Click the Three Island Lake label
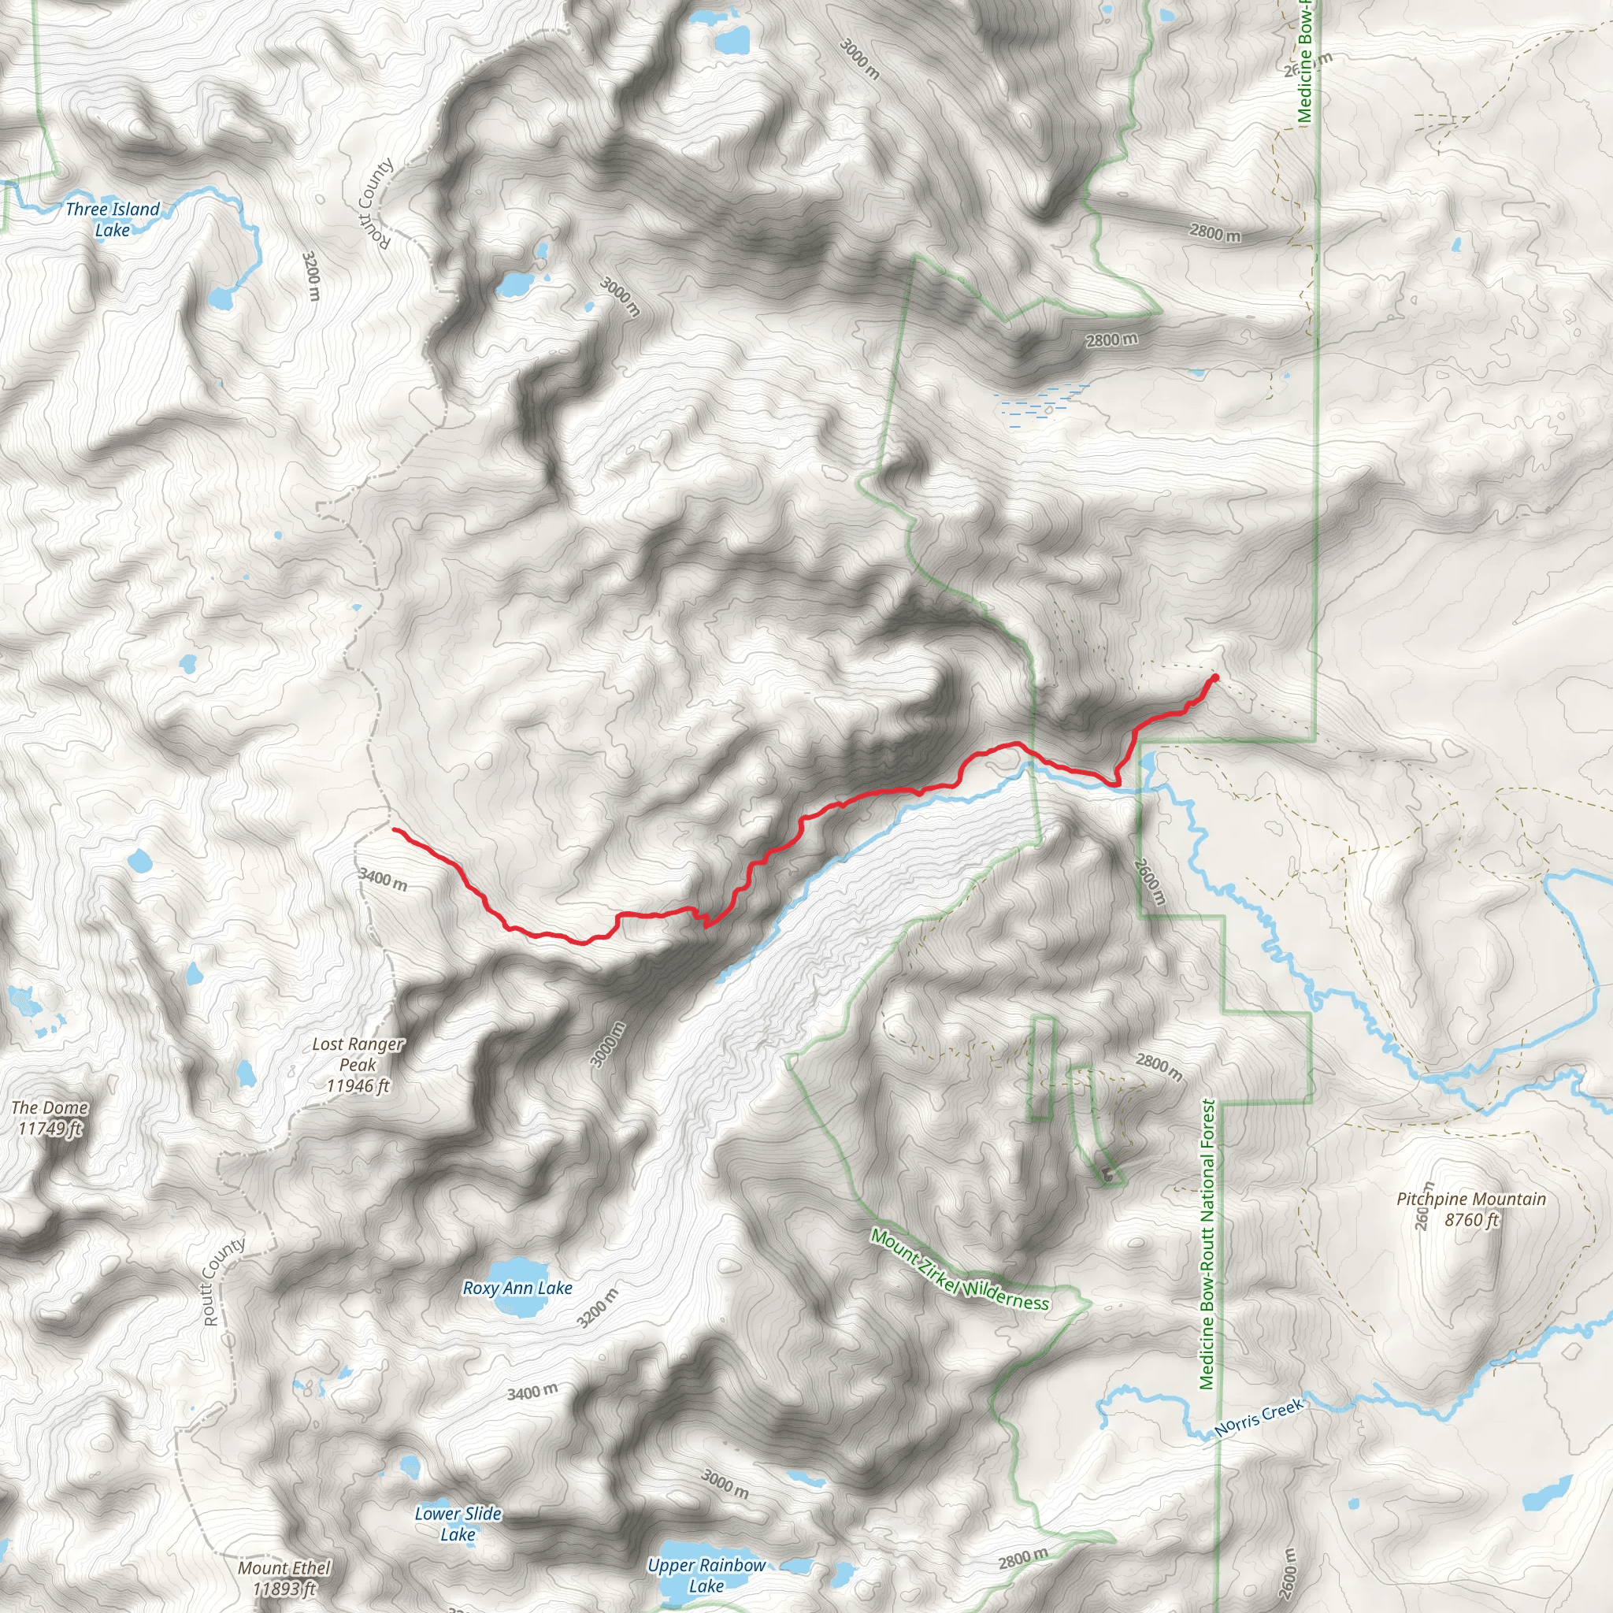[x=112, y=220]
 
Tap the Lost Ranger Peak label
[x=358, y=1065]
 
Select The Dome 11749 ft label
[x=50, y=1118]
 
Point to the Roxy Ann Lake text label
[x=517, y=1289]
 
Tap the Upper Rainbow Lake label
[x=706, y=1575]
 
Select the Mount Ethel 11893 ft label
[x=284, y=1578]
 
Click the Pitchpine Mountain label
[x=1471, y=1209]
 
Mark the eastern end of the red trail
[x=1214, y=677]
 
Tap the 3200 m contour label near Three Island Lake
[x=310, y=276]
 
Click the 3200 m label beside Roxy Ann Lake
[x=598, y=1308]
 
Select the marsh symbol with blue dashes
[x=1040, y=400]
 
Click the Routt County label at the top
[x=376, y=203]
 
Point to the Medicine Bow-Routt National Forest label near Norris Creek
[x=1207, y=1244]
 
